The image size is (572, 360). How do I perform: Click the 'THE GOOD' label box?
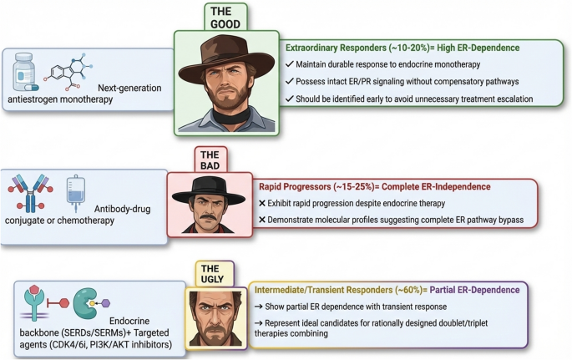click(225, 18)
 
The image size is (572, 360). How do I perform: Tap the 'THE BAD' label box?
click(210, 160)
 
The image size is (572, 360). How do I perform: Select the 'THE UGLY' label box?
click(214, 274)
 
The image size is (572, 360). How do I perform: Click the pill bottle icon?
click(25, 72)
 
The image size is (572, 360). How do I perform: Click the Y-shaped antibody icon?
click(31, 193)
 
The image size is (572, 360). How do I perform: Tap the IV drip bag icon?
click(76, 193)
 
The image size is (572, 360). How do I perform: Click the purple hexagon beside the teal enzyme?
click(105, 303)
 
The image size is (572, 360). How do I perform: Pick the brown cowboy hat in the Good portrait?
click(226, 57)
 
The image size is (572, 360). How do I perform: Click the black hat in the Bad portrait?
click(209, 190)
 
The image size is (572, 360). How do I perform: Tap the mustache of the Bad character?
click(208, 217)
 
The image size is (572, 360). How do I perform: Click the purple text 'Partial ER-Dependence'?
click(474, 290)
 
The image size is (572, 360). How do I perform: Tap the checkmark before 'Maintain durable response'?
click(290, 64)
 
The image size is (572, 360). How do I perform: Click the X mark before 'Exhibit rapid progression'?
click(262, 203)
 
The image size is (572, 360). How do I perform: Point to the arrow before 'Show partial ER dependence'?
click(259, 307)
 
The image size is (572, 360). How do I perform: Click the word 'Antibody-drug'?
click(122, 209)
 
